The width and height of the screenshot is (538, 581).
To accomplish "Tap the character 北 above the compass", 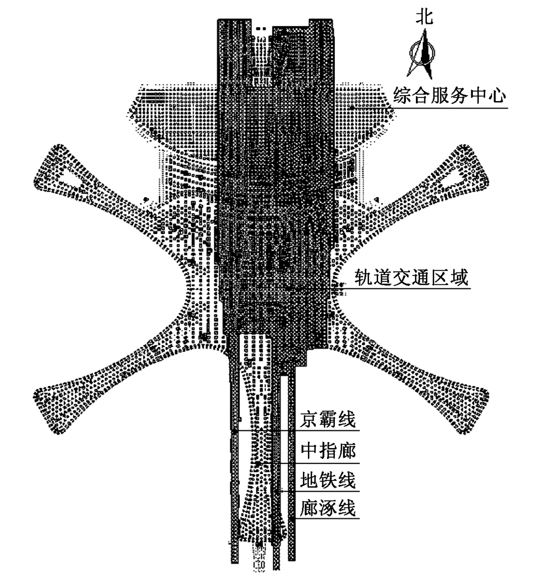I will pyautogui.click(x=424, y=17).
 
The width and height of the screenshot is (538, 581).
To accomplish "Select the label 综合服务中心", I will pyautogui.click(x=449, y=94).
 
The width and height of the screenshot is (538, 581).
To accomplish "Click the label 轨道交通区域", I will pyautogui.click(x=411, y=277).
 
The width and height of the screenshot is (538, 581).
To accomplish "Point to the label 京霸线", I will pyautogui.click(x=328, y=420).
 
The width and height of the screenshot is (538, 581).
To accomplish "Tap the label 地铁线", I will pyautogui.click(x=328, y=480).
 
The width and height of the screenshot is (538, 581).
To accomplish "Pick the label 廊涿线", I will pyautogui.click(x=328, y=509).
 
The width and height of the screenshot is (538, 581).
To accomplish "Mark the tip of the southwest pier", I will pyautogui.click(x=42, y=398).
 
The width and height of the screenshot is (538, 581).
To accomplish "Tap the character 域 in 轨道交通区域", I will pyautogui.click(x=459, y=277).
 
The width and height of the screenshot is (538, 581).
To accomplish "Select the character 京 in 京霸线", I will pyautogui.click(x=310, y=420).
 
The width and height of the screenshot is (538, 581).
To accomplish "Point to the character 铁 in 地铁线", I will pyautogui.click(x=328, y=480).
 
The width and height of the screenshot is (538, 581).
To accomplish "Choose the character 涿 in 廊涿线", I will pyautogui.click(x=328, y=509).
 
